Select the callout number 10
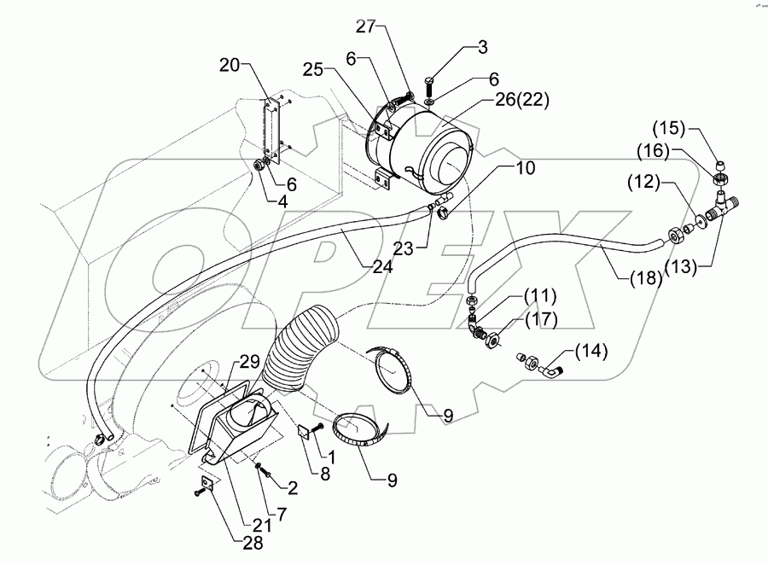point(525,168)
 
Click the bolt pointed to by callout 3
point(429,89)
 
